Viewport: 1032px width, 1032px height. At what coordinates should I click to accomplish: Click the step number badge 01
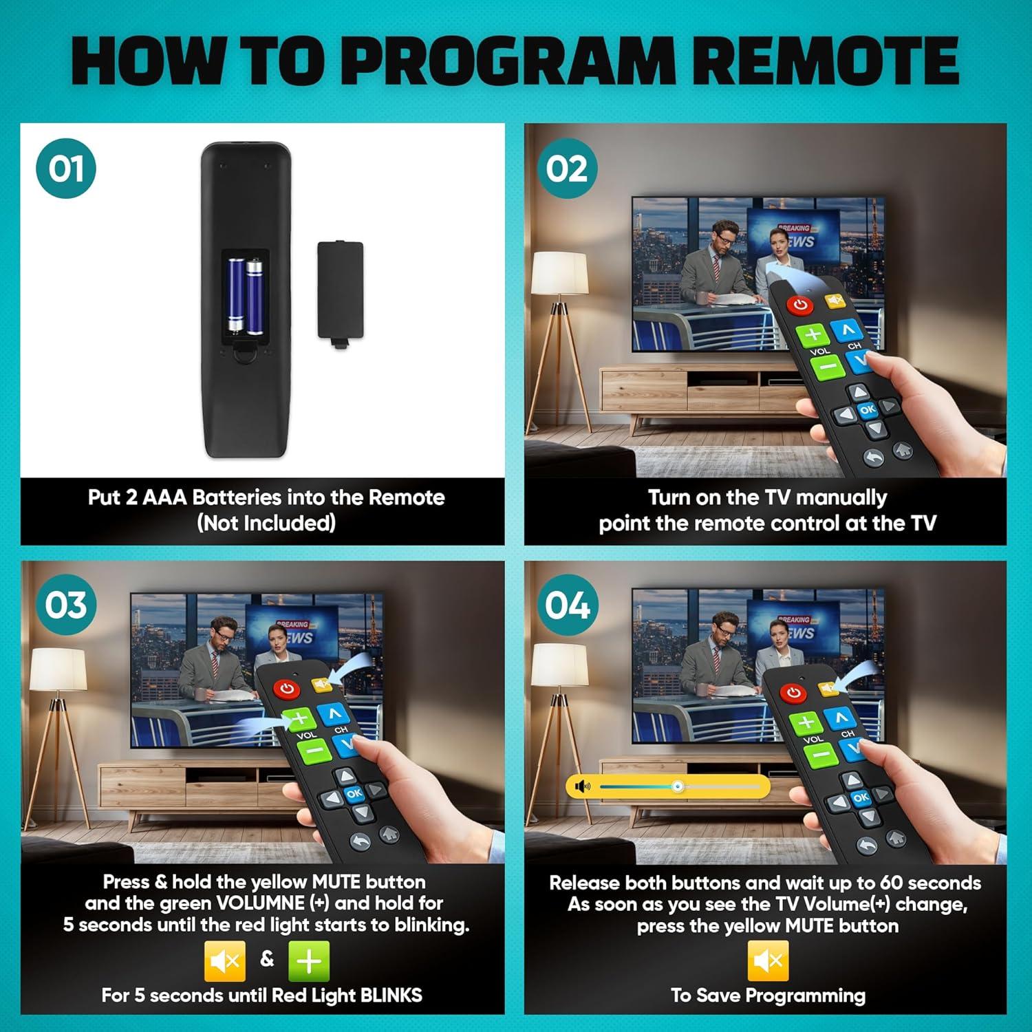[x=66, y=169]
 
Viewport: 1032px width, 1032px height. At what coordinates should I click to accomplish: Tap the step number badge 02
[x=567, y=169]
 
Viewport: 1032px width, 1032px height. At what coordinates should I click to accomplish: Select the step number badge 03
[x=66, y=605]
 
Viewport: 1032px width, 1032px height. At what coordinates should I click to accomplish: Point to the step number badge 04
[x=567, y=605]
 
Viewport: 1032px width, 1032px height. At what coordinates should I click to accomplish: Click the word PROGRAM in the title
[x=508, y=61]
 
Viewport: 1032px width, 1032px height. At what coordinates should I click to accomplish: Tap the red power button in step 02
[x=800, y=304]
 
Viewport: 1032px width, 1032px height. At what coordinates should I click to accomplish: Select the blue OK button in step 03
[x=354, y=793]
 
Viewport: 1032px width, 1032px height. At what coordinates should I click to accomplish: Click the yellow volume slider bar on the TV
[x=667, y=786]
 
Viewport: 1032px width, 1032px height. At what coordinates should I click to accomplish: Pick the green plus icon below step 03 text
[x=309, y=961]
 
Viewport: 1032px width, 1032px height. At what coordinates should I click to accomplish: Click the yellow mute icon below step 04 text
[x=768, y=961]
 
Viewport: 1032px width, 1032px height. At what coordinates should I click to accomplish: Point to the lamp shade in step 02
[x=561, y=273]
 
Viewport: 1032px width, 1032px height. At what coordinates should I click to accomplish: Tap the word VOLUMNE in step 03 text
[x=261, y=903]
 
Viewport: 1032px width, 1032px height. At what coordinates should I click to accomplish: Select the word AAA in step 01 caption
[x=164, y=497]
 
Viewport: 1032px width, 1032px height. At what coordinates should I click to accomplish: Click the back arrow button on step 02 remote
[x=873, y=457]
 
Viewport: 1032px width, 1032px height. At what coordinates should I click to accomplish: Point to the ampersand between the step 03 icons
[x=267, y=958]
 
